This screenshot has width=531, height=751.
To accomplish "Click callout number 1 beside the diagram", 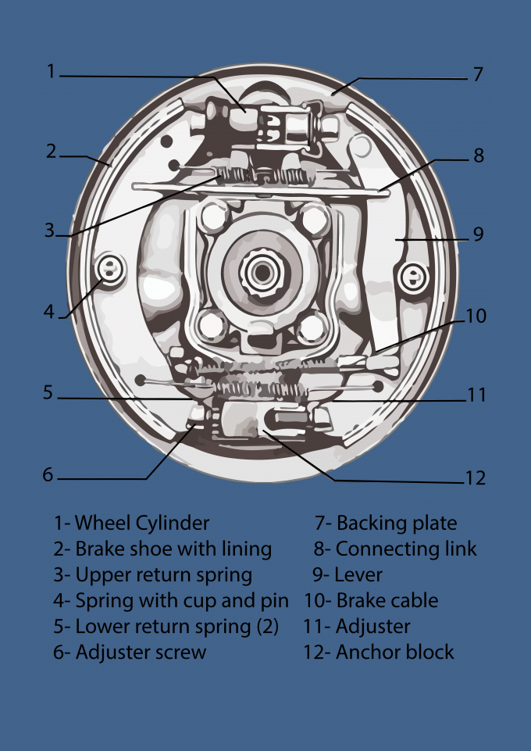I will (52, 72).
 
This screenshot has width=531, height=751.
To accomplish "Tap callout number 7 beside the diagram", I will (478, 75).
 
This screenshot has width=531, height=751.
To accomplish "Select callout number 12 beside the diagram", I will (475, 477).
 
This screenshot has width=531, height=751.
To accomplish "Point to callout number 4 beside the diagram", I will (49, 311).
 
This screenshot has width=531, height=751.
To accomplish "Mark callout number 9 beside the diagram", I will (478, 234).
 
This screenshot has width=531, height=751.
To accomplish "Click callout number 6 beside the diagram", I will (48, 474).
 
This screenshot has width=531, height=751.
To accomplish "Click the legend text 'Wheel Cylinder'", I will (142, 523).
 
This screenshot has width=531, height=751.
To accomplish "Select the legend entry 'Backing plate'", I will (397, 523).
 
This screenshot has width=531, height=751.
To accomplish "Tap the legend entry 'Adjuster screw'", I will (141, 653).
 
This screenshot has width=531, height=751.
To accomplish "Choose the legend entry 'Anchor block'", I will (394, 652).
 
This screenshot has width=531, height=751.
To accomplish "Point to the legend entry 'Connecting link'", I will (406, 549).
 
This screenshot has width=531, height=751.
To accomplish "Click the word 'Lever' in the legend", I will (358, 574).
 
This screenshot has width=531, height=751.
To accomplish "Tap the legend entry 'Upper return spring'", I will (163, 575).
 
